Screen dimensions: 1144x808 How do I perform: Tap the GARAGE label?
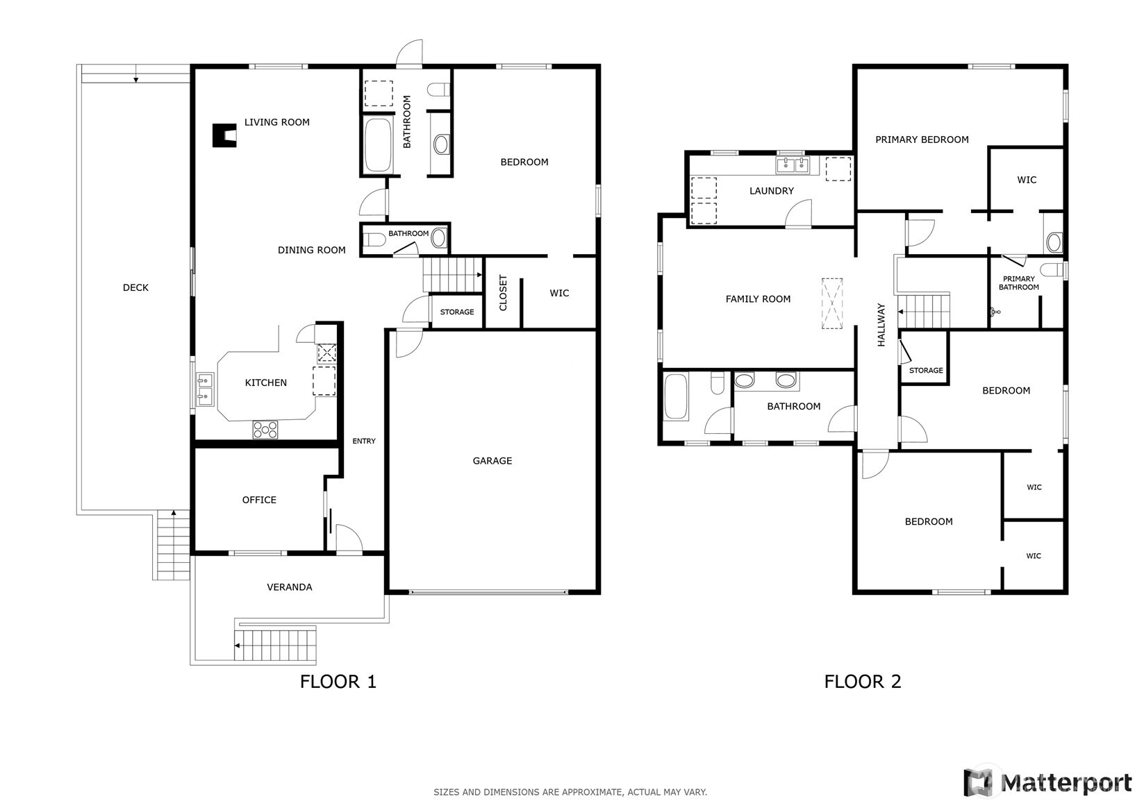coord(492,461)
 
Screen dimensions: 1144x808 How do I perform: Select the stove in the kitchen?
coord(265,430)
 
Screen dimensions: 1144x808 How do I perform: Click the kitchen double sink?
coord(206,389)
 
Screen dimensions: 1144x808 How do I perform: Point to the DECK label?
coord(136,288)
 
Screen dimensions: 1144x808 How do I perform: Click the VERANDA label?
coord(290,587)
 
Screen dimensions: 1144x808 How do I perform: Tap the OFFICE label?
coord(260,500)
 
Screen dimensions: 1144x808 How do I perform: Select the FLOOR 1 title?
coord(338,682)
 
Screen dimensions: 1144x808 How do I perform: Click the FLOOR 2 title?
coord(863,682)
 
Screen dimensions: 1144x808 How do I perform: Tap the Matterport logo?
coord(1048,782)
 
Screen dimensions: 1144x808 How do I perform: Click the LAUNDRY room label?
coord(772,191)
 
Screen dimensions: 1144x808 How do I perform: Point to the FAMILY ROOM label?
coord(758,299)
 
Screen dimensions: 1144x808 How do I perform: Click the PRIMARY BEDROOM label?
coord(922,140)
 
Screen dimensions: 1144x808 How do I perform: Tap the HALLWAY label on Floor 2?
coord(881,325)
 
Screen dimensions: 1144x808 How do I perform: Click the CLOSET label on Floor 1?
coord(503,292)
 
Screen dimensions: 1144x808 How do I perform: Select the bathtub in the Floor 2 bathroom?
coord(676,396)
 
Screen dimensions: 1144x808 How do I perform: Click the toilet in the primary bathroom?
coord(1053,269)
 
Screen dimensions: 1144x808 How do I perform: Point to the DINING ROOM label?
coord(312,250)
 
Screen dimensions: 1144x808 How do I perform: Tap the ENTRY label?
coord(364,441)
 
